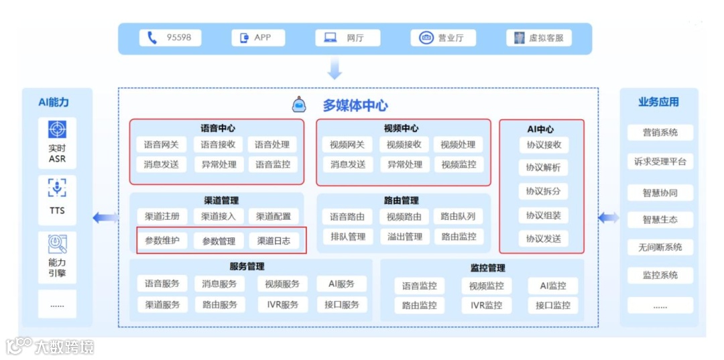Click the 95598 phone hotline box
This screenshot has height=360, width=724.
point(170,38)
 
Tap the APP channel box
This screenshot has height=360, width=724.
point(258,38)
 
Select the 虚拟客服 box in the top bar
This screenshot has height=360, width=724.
point(539,38)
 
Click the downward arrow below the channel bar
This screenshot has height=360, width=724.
point(335,68)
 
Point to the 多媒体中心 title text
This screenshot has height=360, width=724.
point(355,105)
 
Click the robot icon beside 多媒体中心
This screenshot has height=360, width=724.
point(299,105)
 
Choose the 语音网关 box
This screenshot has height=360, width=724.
point(162,144)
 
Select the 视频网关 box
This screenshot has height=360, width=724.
point(347,144)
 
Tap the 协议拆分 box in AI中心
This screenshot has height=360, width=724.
point(543,191)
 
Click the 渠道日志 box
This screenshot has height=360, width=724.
point(274,241)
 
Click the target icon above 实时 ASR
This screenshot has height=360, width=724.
point(57,129)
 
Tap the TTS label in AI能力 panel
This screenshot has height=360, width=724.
point(57,211)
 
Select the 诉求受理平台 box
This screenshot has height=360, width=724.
point(660,162)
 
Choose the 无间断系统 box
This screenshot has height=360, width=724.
point(660,247)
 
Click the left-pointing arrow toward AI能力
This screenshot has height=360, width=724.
point(105,217)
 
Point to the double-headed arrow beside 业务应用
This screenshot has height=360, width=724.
point(609,217)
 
